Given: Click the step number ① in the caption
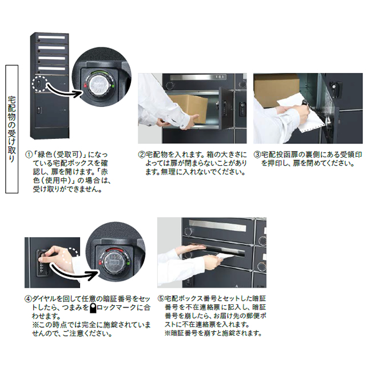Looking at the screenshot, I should click(29, 155).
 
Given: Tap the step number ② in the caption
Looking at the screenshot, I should click(142, 155).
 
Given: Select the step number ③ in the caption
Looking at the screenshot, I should click(257, 155).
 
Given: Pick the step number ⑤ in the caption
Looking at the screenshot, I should click(161, 299).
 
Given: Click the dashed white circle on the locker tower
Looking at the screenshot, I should click(38, 84).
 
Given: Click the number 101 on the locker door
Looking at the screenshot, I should click(221, 77).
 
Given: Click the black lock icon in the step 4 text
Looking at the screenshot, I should click(92, 307).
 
